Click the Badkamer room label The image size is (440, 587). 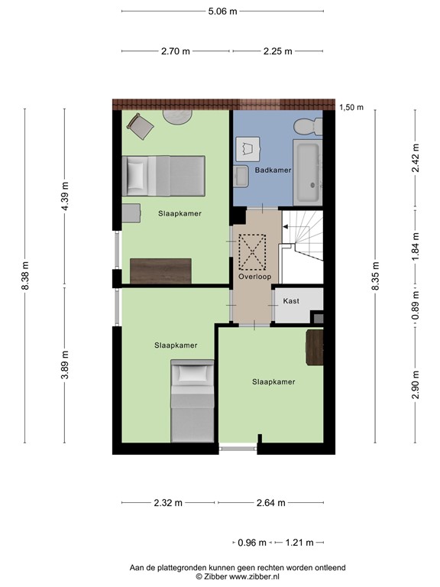[273, 170]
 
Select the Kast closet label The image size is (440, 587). [291, 301]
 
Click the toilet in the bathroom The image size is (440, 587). [309, 127]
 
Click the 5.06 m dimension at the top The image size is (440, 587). [222, 12]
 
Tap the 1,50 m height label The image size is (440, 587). [351, 107]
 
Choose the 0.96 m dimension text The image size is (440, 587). [252, 543]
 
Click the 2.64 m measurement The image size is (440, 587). [270, 503]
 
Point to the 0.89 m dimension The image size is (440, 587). [416, 306]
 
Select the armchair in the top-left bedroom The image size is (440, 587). [140, 126]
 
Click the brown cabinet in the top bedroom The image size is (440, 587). [160, 271]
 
